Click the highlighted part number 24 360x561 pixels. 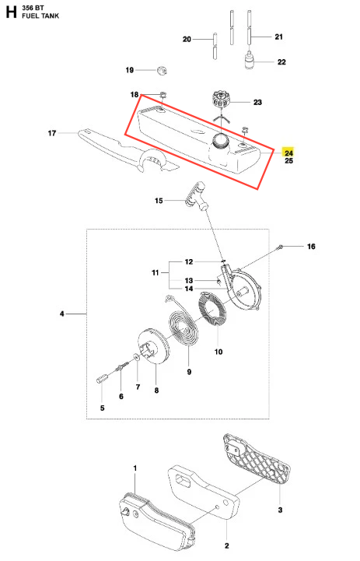[x=288, y=153]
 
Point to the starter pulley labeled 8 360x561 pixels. [x=152, y=346]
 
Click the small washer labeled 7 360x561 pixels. [x=137, y=356]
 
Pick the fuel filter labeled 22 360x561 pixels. [x=249, y=60]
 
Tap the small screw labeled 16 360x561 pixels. [x=280, y=246]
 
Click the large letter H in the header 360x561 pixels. [x=11, y=12]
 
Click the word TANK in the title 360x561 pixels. [x=50, y=16]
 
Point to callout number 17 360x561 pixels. [x=52, y=133]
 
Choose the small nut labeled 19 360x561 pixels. [x=162, y=70]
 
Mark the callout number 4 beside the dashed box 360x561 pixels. [x=62, y=314]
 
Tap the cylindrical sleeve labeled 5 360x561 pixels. [x=101, y=378]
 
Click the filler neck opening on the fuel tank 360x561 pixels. [x=219, y=140]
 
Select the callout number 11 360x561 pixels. [x=156, y=272]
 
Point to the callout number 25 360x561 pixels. [x=289, y=160]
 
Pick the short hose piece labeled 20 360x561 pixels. [x=215, y=46]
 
